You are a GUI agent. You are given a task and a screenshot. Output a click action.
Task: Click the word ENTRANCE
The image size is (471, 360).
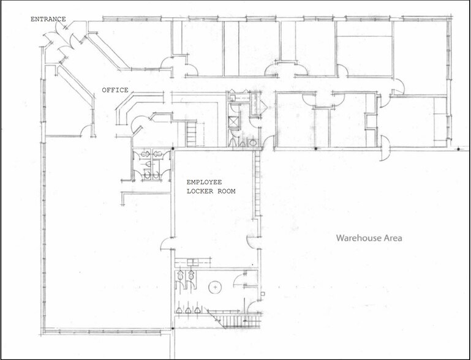coord(48,19)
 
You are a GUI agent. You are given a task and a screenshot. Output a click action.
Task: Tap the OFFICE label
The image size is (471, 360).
coord(115,90)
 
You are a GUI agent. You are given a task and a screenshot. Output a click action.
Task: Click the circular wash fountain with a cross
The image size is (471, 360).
coord(215,287)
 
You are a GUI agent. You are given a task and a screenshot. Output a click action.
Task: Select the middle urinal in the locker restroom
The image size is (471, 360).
coord(188,310)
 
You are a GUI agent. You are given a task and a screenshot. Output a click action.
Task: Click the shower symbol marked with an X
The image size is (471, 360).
coord(233,122)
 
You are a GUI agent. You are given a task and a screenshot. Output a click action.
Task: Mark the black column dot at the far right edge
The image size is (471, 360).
coord(458,149)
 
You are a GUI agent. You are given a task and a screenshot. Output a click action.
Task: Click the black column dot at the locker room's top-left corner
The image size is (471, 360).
coord(173,149)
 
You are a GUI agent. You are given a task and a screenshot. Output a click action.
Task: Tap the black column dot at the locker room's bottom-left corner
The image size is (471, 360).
coord(173,329)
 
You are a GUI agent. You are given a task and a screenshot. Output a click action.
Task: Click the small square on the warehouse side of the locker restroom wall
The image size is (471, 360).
coord(263,294)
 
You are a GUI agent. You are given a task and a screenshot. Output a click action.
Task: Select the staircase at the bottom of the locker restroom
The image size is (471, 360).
coord(235,320)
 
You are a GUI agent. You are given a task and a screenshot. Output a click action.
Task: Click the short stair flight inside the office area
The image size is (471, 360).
coord(191,133)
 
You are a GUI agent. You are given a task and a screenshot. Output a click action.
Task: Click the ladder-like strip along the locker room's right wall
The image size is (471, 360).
coord(257,183)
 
